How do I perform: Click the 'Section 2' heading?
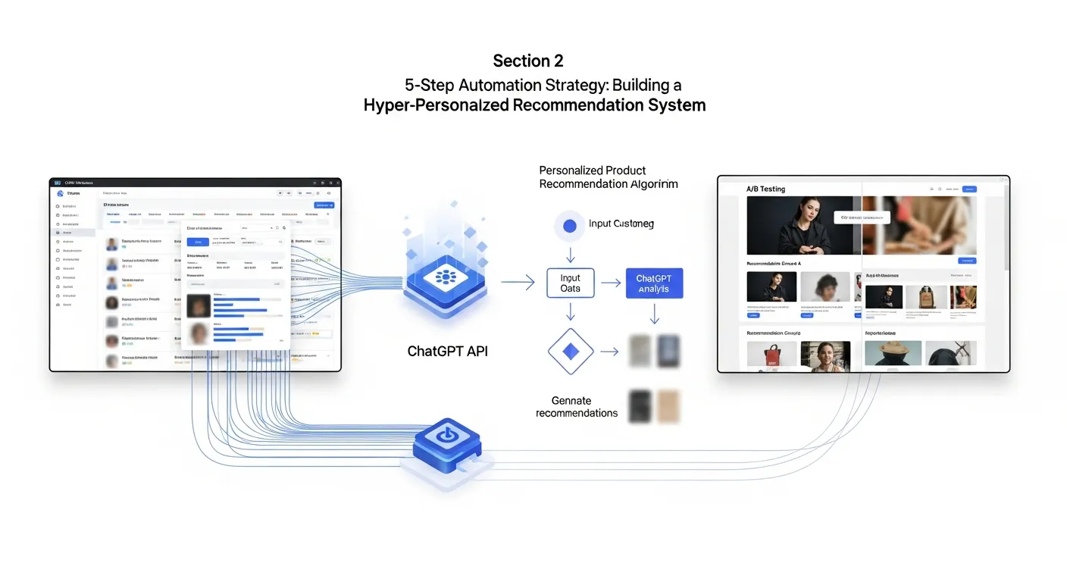(527, 61)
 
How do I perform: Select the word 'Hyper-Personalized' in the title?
(436, 105)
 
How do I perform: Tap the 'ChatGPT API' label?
(447, 352)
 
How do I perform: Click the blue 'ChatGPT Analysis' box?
(654, 284)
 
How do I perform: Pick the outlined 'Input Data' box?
(570, 283)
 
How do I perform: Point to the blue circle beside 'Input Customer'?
(571, 225)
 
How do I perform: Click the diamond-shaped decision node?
(570, 352)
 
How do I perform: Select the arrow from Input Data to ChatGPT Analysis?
(611, 284)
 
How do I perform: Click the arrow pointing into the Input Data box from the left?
(518, 283)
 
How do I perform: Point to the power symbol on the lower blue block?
(446, 436)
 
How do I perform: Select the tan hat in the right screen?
(893, 351)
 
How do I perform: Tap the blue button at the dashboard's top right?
(324, 205)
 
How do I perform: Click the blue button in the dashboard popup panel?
(199, 242)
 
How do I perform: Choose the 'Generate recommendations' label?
(576, 407)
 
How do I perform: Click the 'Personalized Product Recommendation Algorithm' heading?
(608, 177)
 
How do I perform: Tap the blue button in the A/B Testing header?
(968, 189)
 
